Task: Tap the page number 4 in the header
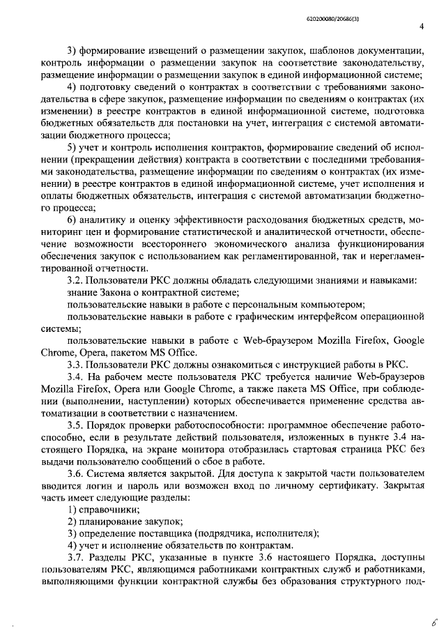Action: pyautogui.click(x=422, y=27)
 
